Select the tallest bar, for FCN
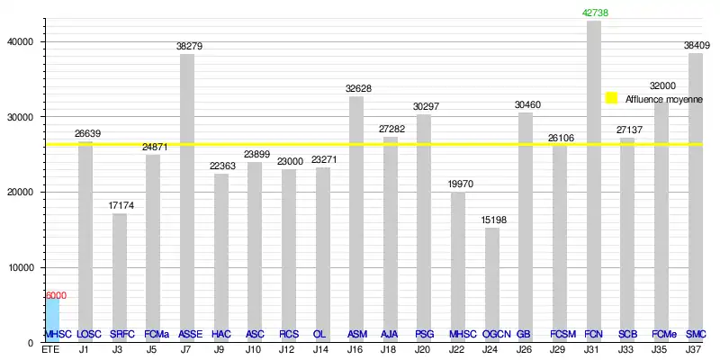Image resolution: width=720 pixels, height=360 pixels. tap(594, 180)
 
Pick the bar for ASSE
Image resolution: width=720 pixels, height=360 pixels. tap(187, 198)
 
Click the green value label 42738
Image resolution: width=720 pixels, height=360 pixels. tap(594, 13)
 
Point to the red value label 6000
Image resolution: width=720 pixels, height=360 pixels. tap(56, 295)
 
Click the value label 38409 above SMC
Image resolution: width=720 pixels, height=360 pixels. tap(696, 46)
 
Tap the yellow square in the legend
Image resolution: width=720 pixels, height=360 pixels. tap(611, 98)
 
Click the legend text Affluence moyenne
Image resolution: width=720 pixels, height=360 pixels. tap(663, 99)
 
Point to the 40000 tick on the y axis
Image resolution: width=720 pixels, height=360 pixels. tap(19, 41)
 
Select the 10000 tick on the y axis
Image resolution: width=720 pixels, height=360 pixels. tap(19, 267)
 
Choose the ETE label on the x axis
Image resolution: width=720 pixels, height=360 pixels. tap(50, 349)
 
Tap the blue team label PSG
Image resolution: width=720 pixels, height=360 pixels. tap(424, 334)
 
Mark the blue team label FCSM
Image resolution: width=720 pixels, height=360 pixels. tap(561, 334)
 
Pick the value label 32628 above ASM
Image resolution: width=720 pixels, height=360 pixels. tap(356, 88)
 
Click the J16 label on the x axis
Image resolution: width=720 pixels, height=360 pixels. tap(356, 349)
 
